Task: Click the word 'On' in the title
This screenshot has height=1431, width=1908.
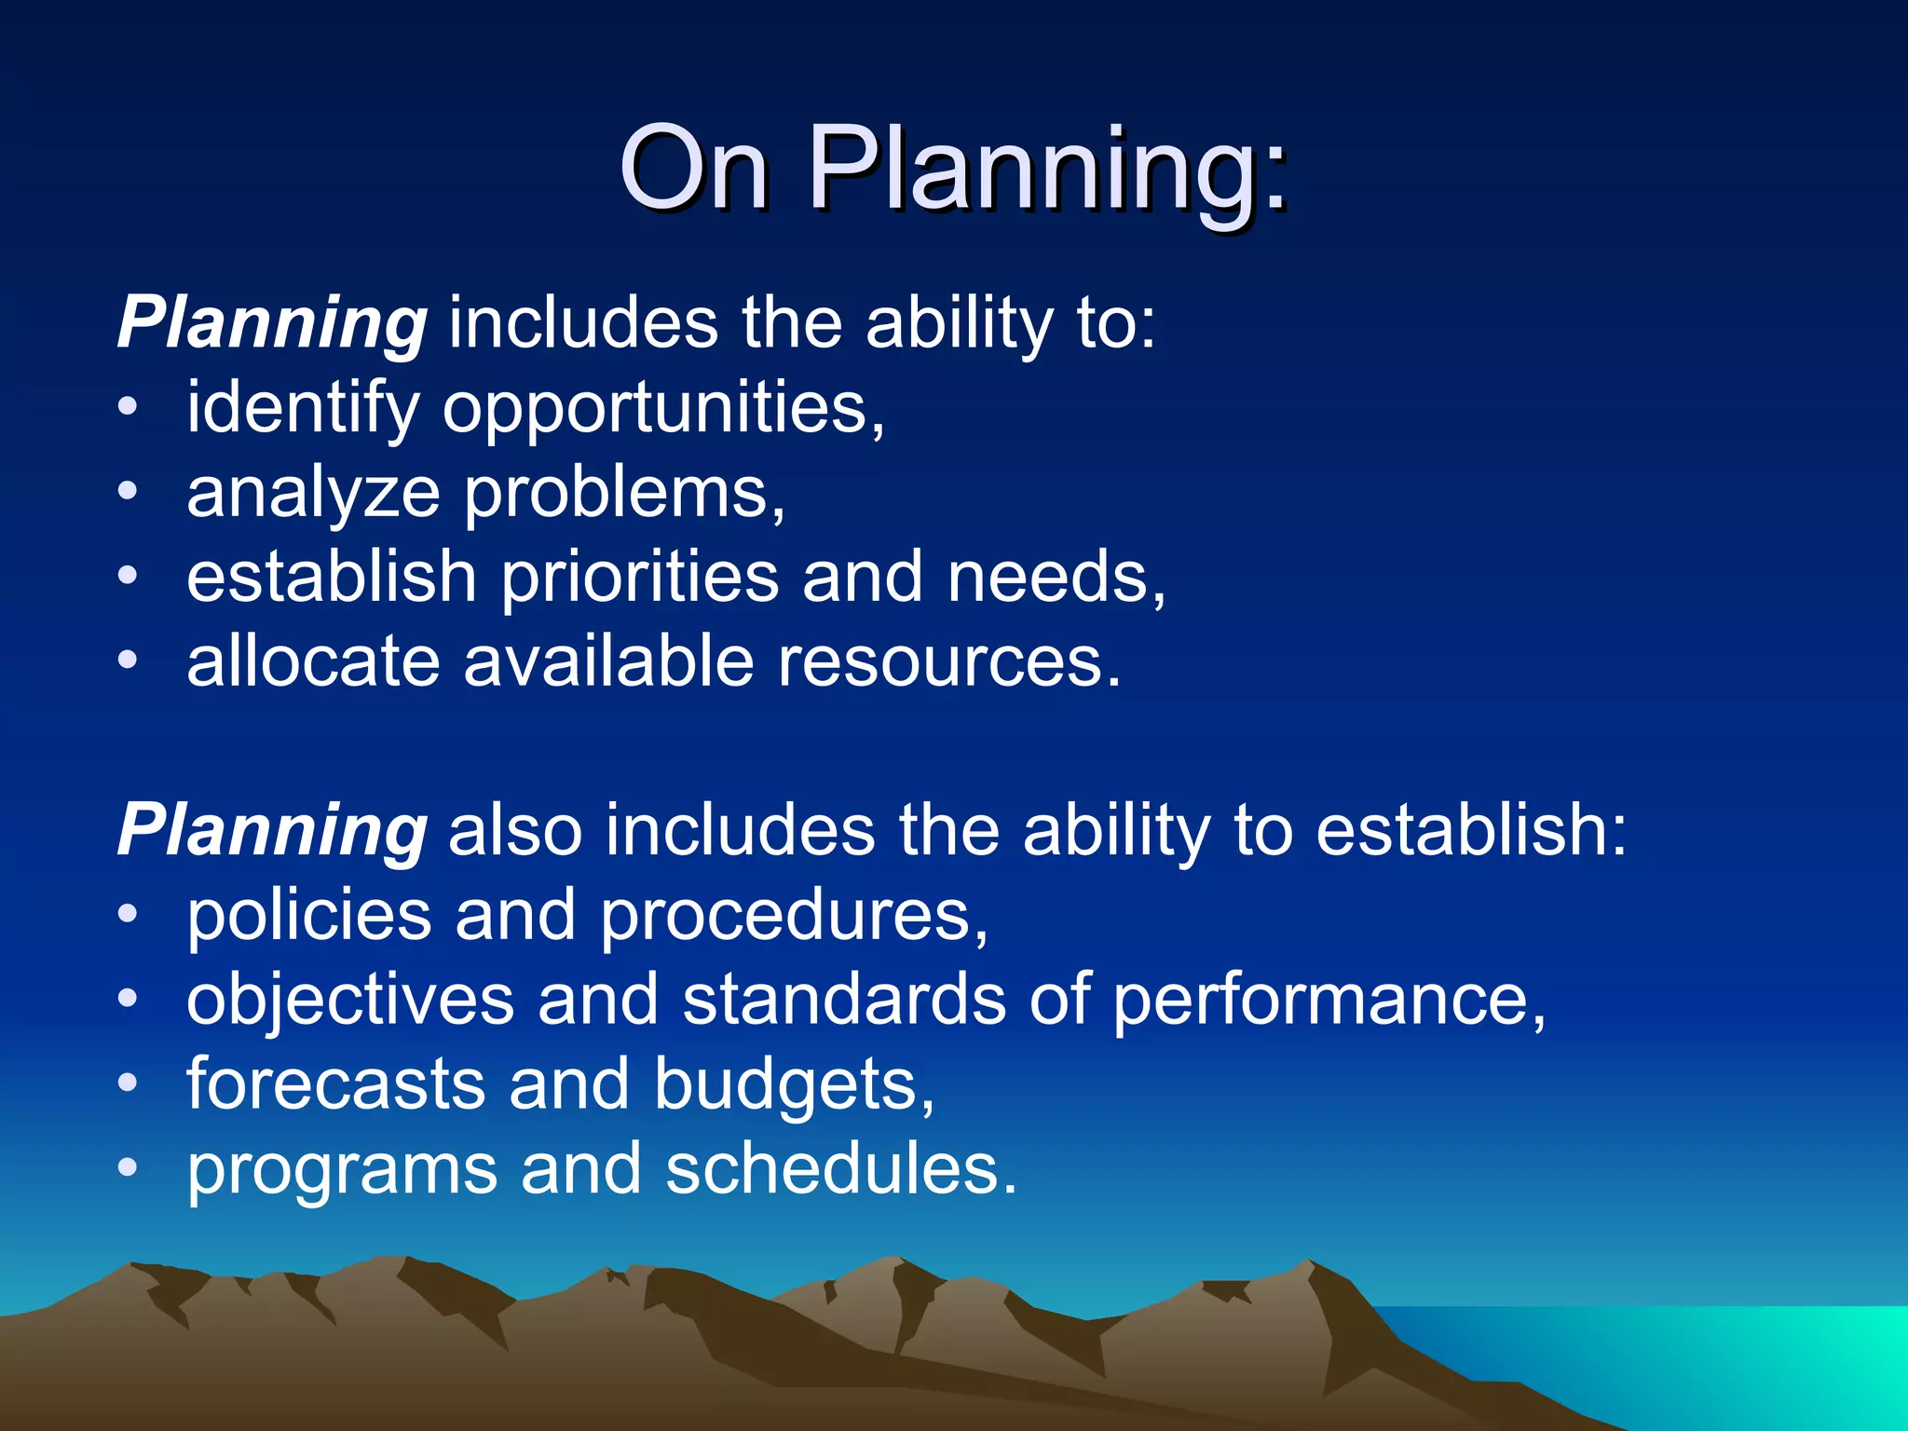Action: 694,170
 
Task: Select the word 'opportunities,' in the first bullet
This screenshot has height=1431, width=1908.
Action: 663,410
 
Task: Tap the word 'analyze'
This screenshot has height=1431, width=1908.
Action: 313,495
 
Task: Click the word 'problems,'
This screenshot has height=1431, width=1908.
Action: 625,495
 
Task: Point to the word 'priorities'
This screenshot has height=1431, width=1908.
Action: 640,577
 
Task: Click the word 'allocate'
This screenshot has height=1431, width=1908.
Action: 313,661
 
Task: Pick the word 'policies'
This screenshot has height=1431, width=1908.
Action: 309,917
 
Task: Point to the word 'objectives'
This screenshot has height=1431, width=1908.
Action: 350,1001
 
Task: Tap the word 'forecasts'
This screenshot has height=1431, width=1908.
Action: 336,1084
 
